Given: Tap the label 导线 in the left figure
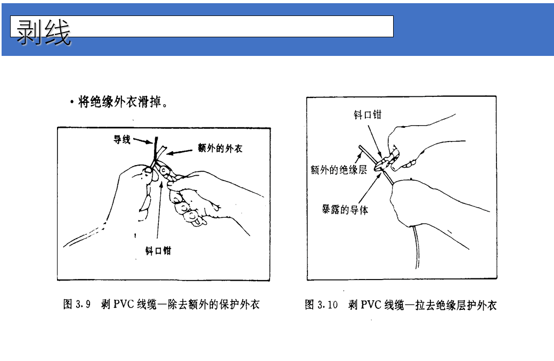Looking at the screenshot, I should pyautogui.click(x=122, y=140).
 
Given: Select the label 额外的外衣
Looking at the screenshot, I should pyautogui.click(x=220, y=149).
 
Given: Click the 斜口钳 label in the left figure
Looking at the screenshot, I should pyautogui.click(x=158, y=250).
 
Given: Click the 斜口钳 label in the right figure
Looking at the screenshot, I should pyautogui.click(x=368, y=114).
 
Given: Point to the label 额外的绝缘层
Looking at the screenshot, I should pyautogui.click(x=339, y=170).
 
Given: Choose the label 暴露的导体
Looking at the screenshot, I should pyautogui.click(x=345, y=209).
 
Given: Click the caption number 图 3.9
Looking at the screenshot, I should pyautogui.click(x=77, y=305).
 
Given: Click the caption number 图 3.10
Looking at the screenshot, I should pyautogui.click(x=321, y=305).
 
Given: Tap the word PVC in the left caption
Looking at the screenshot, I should pyautogui.click(x=124, y=305).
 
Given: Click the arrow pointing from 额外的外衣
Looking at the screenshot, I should pyautogui.click(x=181, y=151).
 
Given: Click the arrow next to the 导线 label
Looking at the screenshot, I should pyautogui.click(x=143, y=142).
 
